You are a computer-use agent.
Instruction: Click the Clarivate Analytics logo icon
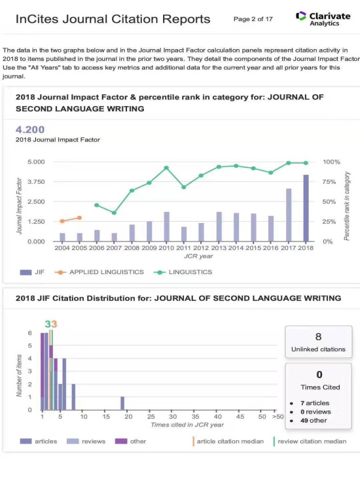(300, 16)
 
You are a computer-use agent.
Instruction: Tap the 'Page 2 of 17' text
(253, 19)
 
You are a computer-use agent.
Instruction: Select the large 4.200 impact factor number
(30, 130)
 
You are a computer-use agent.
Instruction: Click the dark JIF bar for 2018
(306, 208)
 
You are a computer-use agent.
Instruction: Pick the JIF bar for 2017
(289, 215)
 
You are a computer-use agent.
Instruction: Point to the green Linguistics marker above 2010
(166, 168)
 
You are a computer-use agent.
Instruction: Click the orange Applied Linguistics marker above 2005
(79, 218)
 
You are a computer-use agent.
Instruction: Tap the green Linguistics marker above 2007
(114, 213)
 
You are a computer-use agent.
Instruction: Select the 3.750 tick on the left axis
(36, 182)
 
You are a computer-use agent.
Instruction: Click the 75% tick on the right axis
(329, 182)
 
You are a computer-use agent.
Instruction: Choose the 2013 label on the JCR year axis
(219, 248)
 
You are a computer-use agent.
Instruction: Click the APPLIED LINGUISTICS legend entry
(99, 272)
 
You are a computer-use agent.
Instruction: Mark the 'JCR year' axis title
(198, 256)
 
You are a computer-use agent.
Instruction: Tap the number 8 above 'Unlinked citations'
(318, 337)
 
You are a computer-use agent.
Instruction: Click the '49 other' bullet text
(314, 421)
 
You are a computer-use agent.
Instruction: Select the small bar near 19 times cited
(122, 403)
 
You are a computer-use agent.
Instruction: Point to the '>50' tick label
(278, 416)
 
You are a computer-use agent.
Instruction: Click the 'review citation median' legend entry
(310, 442)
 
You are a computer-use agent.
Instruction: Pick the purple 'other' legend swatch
(121, 441)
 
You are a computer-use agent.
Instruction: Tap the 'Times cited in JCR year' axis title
(187, 425)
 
